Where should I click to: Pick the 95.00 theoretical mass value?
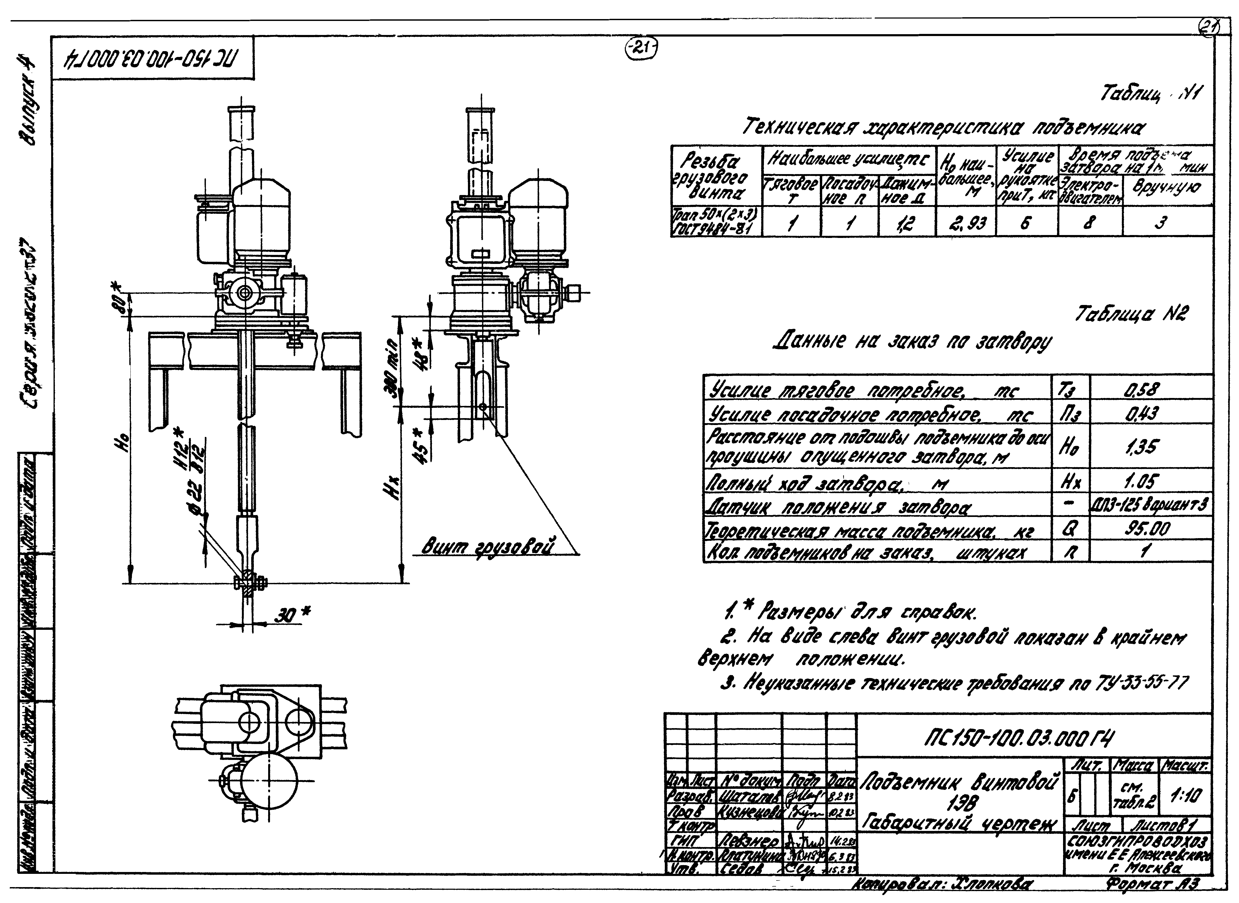(1147, 529)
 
